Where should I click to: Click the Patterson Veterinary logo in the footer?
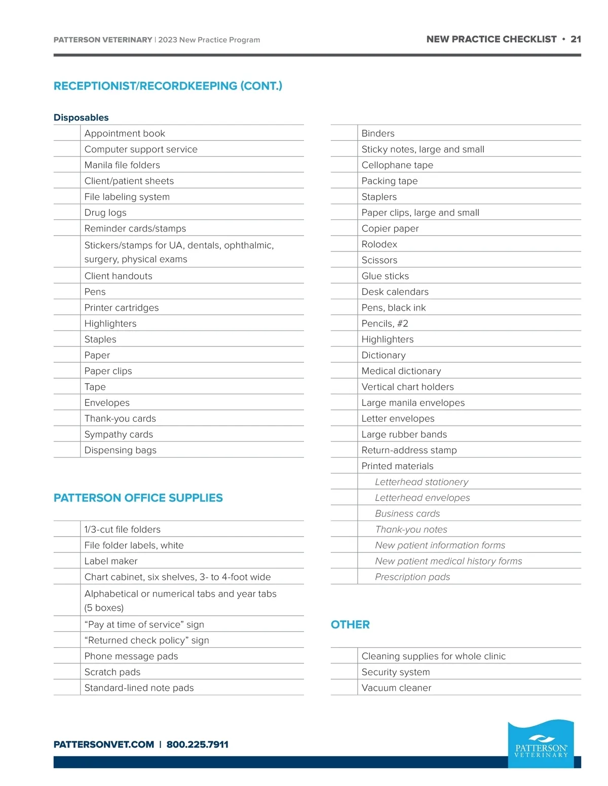pyautogui.click(x=541, y=743)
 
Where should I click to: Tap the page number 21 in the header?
pyautogui.click(x=576, y=39)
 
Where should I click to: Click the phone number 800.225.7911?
pyautogui.click(x=197, y=744)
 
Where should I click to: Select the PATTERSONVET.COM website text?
pyautogui.click(x=104, y=744)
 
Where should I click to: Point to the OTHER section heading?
pyautogui.click(x=350, y=624)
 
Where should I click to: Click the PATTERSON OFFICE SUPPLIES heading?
pyautogui.click(x=138, y=498)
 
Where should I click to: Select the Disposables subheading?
pyautogui.click(x=81, y=118)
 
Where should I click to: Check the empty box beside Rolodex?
pyautogui.click(x=344, y=244)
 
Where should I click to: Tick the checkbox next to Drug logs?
pyautogui.click(x=67, y=212)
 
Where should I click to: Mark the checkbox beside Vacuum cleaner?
pyautogui.click(x=344, y=687)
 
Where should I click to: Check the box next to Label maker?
pyautogui.click(x=67, y=560)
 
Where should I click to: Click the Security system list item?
pyautogui.click(x=395, y=672)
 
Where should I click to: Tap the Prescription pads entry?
pyautogui.click(x=412, y=577)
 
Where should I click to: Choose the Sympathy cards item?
pyautogui.click(x=119, y=434)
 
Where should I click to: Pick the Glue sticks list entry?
pyautogui.click(x=385, y=276)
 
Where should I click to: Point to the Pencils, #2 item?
pyautogui.click(x=385, y=323)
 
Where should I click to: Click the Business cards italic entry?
pyautogui.click(x=407, y=513)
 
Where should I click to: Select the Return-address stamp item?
pyautogui.click(x=409, y=450)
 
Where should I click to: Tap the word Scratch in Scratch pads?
pyautogui.click(x=100, y=672)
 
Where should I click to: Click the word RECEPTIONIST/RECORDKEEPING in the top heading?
pyautogui.click(x=145, y=86)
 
